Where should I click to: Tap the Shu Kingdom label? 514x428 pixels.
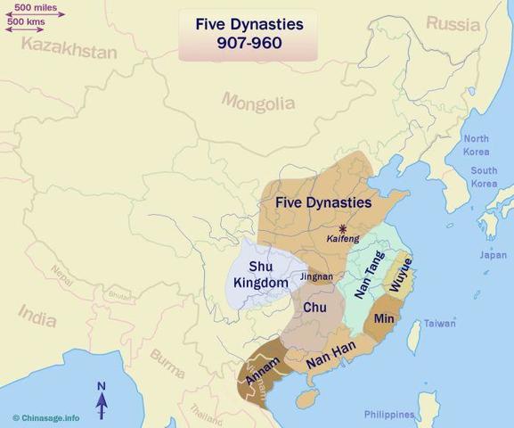coord(260,274)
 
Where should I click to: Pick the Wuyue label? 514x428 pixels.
coord(402,276)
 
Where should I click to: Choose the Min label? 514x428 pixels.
coord(385,317)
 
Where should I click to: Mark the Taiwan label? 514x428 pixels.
coord(439,324)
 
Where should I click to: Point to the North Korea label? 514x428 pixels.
coord(476,144)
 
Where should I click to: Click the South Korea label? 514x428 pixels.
coord(484,177)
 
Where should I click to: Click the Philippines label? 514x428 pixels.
coord(389,415)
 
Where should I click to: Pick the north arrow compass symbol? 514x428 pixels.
coord(102,399)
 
